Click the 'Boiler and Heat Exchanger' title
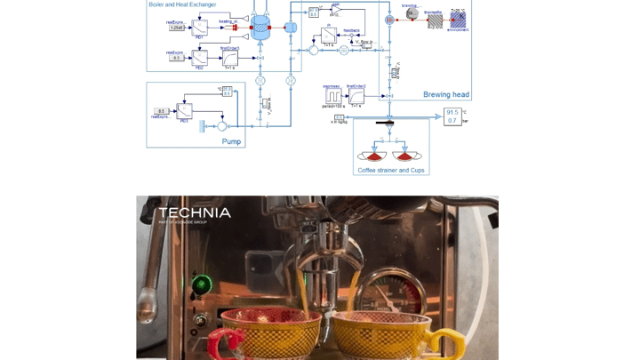[182, 4]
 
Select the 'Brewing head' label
[445, 94]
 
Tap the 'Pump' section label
[231, 141]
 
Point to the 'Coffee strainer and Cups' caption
[391, 169]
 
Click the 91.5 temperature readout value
[452, 113]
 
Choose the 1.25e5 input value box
[177, 28]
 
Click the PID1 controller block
[200, 28]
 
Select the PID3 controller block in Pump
[184, 112]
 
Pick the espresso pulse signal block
[333, 95]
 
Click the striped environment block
[459, 19]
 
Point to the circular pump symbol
[221, 126]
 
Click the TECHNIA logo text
[195, 212]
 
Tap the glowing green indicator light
[202, 284]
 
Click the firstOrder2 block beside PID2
[229, 59]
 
